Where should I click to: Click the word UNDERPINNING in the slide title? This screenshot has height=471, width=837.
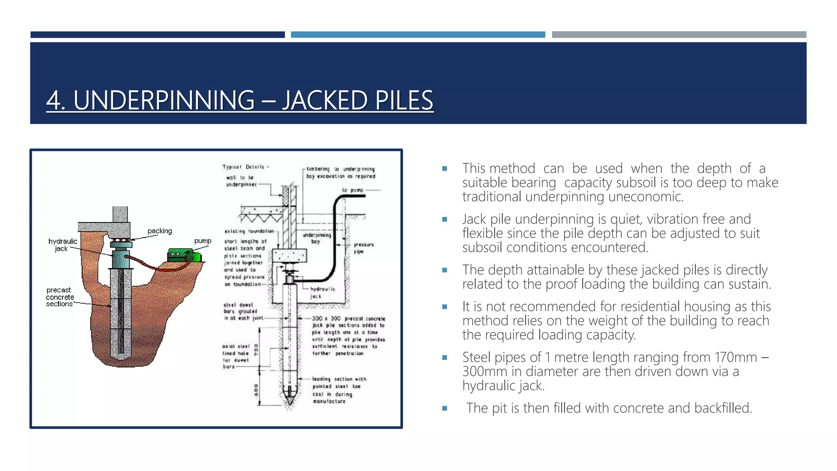163,100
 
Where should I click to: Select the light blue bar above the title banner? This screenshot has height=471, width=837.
418,35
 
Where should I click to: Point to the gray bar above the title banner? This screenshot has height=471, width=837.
679,35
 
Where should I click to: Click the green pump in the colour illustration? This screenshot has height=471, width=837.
184,256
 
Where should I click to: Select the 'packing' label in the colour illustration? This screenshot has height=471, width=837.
160,231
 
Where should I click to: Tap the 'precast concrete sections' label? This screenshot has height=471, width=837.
60,297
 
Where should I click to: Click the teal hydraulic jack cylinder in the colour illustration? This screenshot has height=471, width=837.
120,259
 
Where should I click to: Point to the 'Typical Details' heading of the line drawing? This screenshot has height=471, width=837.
246,167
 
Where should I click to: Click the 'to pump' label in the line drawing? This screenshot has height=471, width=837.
352,190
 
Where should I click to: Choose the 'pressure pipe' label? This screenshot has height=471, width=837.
363,248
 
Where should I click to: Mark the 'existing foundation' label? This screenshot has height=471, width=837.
249,231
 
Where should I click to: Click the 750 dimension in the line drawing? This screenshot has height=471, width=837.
256,350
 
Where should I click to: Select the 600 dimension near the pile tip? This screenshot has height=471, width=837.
256,390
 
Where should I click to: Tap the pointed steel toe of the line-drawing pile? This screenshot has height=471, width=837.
290,399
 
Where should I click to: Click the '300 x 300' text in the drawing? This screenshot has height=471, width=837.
326,318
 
